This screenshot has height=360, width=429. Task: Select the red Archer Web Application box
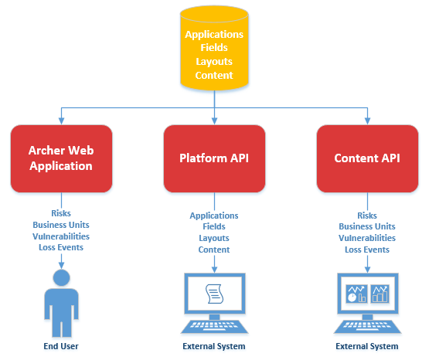pos(61,158)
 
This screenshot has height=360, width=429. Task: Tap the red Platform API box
pos(214,158)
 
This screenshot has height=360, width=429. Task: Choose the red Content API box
pos(367,158)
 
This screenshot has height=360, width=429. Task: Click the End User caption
pos(60,347)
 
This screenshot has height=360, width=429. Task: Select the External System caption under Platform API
pos(214,347)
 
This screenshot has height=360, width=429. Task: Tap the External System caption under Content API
pos(367,347)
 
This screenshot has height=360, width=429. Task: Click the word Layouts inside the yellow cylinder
pos(214,61)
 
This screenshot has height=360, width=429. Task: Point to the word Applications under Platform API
pos(214,216)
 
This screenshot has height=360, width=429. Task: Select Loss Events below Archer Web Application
pos(61,247)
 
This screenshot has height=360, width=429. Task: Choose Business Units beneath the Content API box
pos(367,226)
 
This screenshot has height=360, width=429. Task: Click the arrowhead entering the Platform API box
pos(214,121)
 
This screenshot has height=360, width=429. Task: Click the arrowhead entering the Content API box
pos(366,121)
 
